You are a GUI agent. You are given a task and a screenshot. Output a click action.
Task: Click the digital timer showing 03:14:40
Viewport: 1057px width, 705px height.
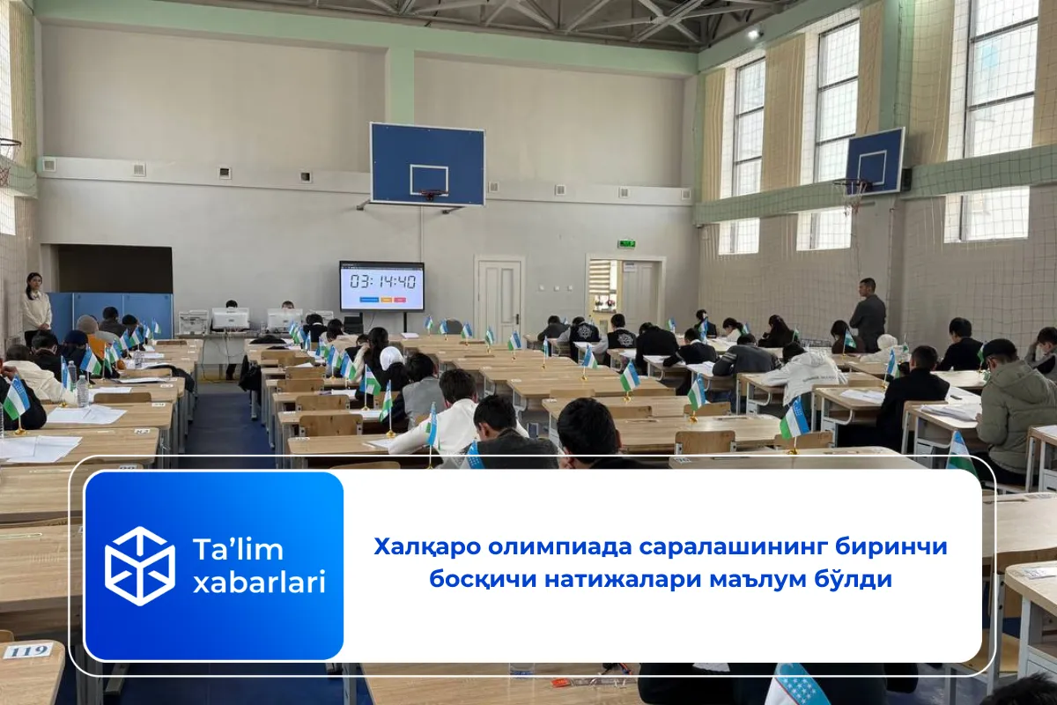381,284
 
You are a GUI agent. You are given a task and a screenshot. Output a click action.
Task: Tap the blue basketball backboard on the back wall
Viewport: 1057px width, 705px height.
427,164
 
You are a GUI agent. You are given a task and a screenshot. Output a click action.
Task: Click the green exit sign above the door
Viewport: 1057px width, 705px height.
626,243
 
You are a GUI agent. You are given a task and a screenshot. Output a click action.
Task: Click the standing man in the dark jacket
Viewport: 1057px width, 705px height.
868,315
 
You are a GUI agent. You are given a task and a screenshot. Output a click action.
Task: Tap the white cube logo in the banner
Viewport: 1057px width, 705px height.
140,566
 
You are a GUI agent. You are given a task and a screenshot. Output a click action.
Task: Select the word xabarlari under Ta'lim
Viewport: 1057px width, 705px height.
259,583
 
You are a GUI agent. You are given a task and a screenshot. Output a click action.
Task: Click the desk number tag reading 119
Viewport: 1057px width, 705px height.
27,651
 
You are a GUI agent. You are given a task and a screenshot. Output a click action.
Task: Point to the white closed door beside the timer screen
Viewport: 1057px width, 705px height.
499,297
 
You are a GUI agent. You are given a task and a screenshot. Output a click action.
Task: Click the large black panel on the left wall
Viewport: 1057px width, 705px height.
115,269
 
